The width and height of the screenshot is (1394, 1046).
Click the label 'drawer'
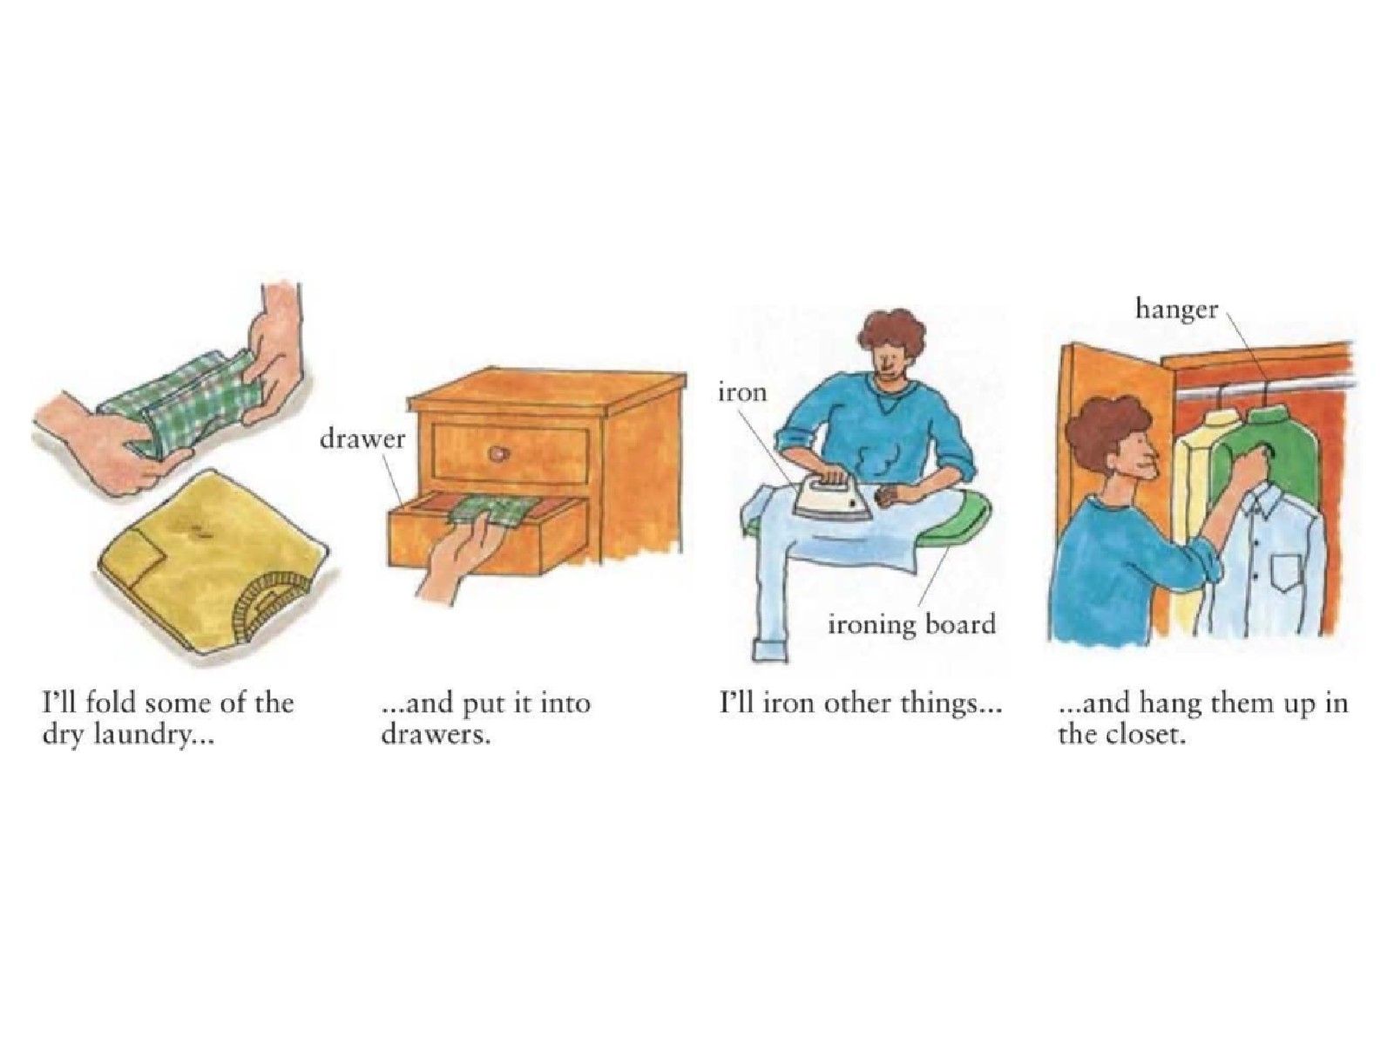362,438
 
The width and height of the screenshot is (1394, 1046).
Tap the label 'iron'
742,392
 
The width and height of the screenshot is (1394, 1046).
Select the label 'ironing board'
911,626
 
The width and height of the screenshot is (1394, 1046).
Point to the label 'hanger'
1177,312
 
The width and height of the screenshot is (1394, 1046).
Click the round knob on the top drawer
497,452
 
